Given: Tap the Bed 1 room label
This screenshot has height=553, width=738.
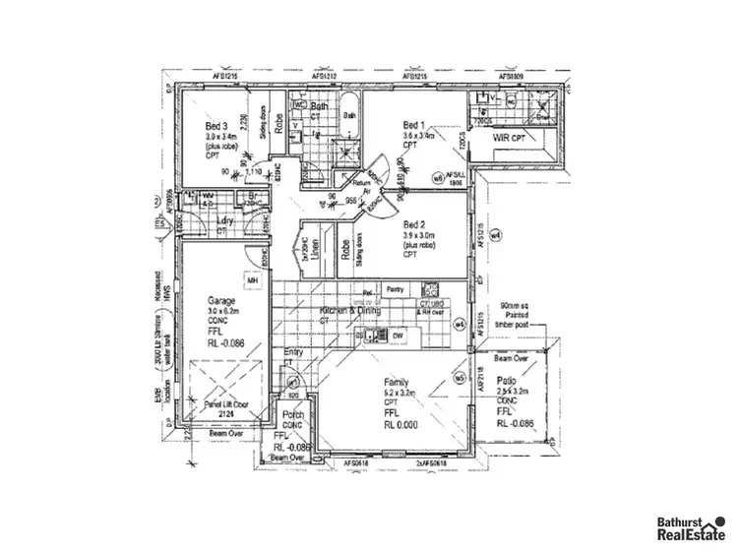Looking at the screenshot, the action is (x=414, y=125).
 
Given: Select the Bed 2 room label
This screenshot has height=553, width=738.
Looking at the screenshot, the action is (x=414, y=224).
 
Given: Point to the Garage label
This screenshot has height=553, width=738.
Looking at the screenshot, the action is (x=218, y=301).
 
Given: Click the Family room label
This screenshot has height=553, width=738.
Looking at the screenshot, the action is (x=397, y=382).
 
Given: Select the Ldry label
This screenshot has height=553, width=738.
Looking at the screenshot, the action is (x=224, y=220).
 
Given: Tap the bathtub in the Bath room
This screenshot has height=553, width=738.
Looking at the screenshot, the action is (x=350, y=115).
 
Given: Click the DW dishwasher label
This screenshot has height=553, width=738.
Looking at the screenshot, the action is (x=398, y=337).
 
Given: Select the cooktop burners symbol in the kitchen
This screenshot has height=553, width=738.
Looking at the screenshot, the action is (x=430, y=289).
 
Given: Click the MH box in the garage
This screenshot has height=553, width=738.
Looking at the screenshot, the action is (x=252, y=281).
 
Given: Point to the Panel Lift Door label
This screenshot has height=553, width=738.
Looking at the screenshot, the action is (x=225, y=405).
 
